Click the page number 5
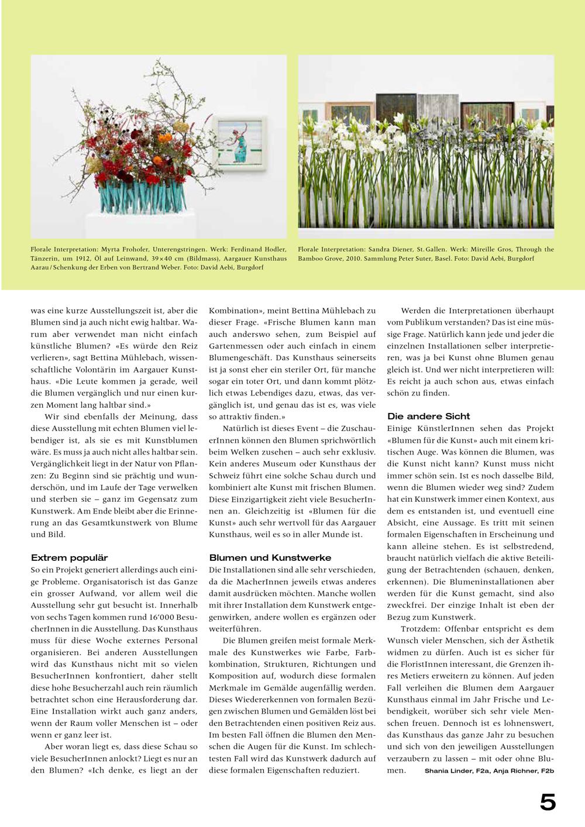(x=548, y=802)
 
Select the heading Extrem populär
(x=69, y=558)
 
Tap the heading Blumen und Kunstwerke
(x=270, y=558)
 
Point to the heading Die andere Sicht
(x=428, y=416)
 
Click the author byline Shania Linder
(x=448, y=771)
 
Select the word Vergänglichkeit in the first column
(x=61, y=464)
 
